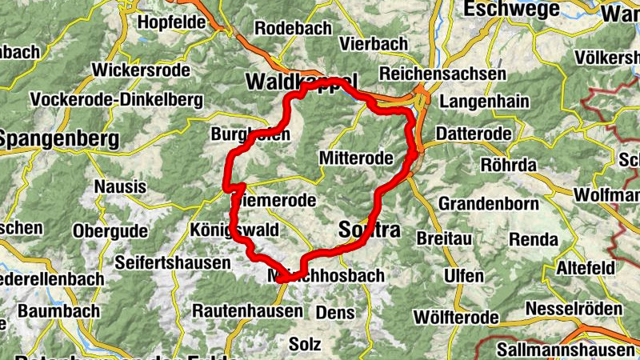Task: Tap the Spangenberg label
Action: click(59, 139)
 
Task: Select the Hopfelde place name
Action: click(172, 22)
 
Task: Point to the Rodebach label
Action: click(293, 28)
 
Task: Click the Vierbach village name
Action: click(368, 43)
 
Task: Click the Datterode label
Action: click(469, 130)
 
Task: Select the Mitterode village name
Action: click(356, 158)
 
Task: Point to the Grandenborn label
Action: click(488, 203)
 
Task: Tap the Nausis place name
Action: click(120, 187)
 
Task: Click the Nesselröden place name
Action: click(573, 309)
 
